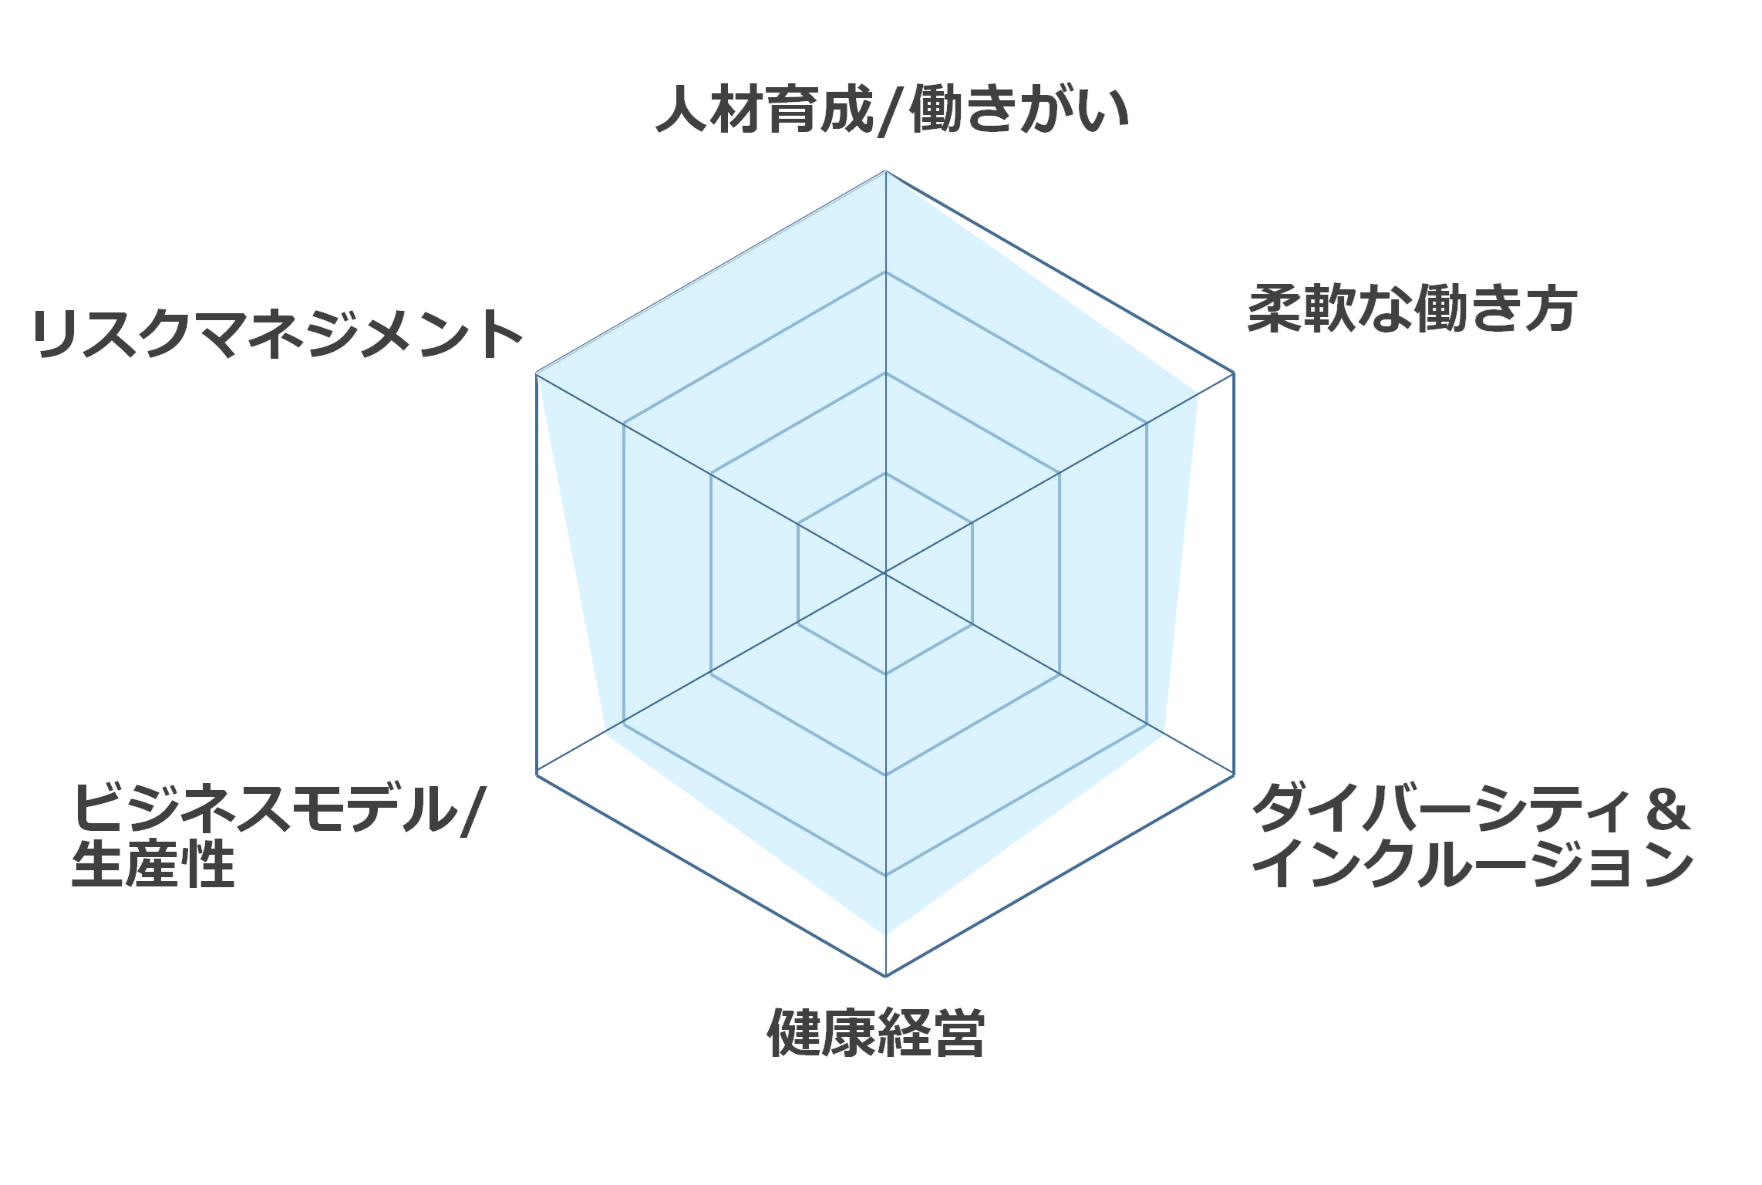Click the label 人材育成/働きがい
(x=892, y=110)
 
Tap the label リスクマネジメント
(x=278, y=334)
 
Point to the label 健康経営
(x=876, y=1032)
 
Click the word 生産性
(x=153, y=865)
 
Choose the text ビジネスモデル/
(x=278, y=809)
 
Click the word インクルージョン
(x=1472, y=864)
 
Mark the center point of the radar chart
(x=885, y=573)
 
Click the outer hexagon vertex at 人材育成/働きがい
(x=885, y=170)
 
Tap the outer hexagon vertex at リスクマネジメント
(x=536, y=373)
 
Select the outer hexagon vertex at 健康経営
(x=885, y=977)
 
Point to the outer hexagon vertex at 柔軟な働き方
(x=1235, y=373)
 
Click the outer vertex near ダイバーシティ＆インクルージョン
(x=1235, y=775)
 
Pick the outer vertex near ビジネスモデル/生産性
(x=536, y=774)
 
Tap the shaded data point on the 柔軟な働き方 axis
(x=1198, y=393)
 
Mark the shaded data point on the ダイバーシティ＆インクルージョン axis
(x=1164, y=734)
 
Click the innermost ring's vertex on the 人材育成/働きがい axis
(x=885, y=473)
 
